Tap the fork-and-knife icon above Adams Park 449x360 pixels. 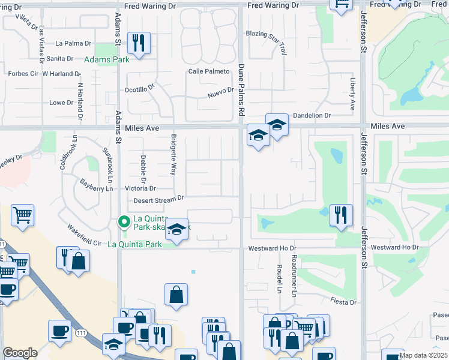(139, 43)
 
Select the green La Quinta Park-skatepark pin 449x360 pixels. (124, 223)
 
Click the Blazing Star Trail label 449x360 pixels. (268, 34)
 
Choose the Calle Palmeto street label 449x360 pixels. (209, 71)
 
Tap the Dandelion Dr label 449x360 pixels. (312, 115)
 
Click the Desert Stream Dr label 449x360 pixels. (158, 199)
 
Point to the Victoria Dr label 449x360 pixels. (140, 188)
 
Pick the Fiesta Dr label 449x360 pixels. (343, 302)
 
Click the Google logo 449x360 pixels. (20, 353)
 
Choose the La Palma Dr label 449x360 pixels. (73, 43)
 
